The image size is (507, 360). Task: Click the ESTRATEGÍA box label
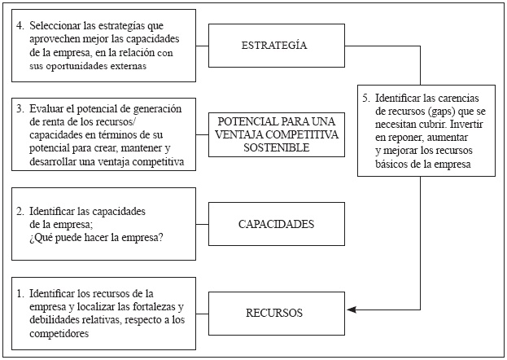[274, 46]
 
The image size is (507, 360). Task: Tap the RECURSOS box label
[274, 312]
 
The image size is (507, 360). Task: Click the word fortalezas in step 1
[152, 306]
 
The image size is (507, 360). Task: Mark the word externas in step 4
[126, 67]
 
